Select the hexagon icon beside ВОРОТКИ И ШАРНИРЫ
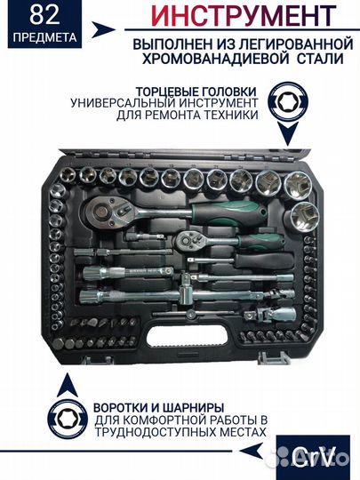pyautogui.click(x=66, y=414)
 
